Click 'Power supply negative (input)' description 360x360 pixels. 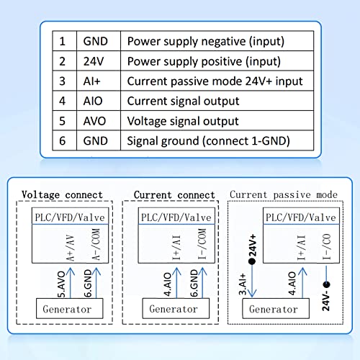[206, 41]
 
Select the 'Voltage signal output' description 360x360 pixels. [183, 121]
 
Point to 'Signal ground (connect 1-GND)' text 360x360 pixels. [208, 141]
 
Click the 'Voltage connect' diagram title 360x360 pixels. [62, 194]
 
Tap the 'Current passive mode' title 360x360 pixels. [284, 194]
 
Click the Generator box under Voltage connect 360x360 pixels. [70, 309]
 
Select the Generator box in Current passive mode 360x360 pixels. [276, 309]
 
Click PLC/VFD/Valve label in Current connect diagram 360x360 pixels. [176, 217]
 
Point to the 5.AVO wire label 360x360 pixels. [61, 284]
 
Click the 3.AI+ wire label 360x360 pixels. [243, 284]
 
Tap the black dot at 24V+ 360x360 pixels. [252, 261]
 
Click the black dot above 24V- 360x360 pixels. [326, 285]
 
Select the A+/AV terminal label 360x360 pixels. [71, 248]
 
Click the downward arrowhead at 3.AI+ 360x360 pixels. [252, 293]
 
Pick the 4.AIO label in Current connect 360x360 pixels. [168, 284]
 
